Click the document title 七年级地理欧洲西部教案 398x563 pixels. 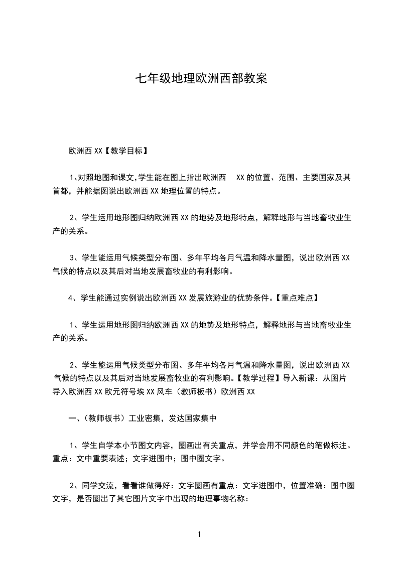click(x=199, y=79)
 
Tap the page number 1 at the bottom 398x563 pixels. click(x=199, y=534)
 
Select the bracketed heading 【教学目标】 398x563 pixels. click(x=125, y=150)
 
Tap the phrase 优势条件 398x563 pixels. click(x=258, y=298)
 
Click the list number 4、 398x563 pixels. click(x=72, y=298)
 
